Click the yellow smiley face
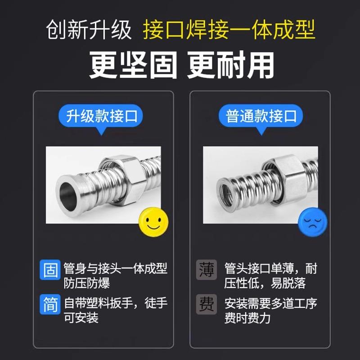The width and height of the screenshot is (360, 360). pos(155,220)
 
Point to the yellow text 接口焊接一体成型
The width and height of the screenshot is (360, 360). pos(229,31)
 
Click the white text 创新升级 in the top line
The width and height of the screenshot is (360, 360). pos(89,31)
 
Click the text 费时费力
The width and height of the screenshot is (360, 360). pos(247,318)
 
